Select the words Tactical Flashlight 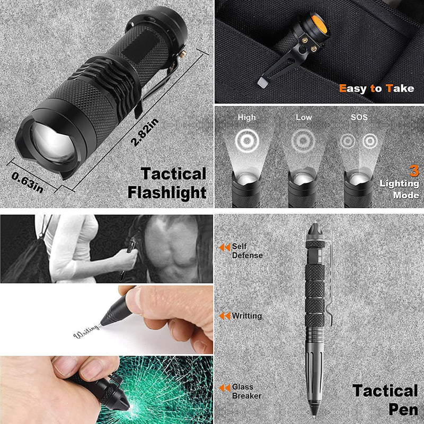[x=166, y=183]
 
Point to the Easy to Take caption [x=376, y=89]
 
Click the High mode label [x=246, y=117]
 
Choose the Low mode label [x=303, y=117]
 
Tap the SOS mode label [x=359, y=117]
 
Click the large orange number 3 [x=413, y=171]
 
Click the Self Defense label [x=246, y=251]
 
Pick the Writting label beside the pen [x=246, y=316]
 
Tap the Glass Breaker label [x=246, y=391]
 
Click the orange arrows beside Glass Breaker [x=225, y=388]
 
